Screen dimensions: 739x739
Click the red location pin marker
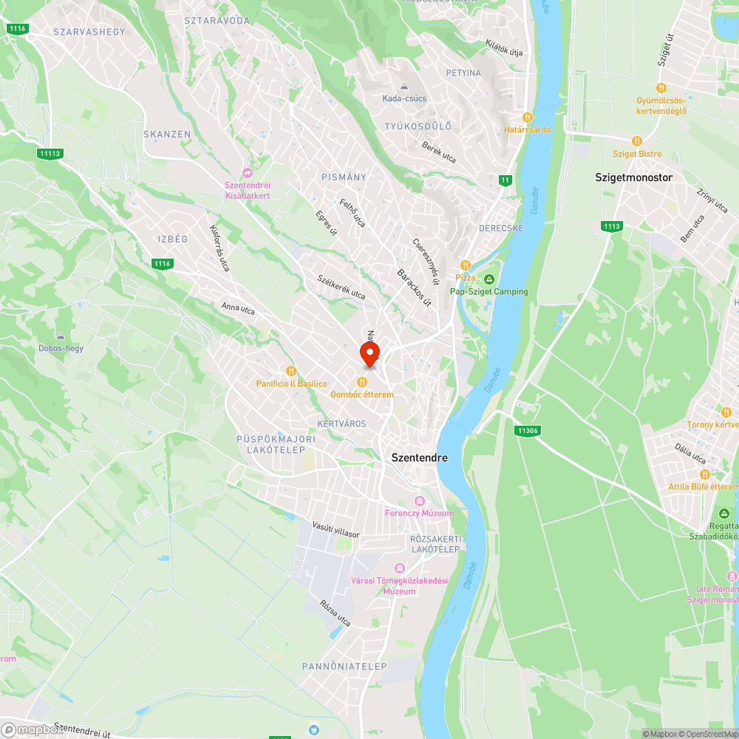click(369, 353)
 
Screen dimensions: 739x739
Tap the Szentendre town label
click(419, 458)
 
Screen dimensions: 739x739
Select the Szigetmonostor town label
click(633, 177)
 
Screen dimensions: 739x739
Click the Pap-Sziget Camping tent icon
click(489, 279)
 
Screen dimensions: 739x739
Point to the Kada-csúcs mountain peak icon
click(404, 86)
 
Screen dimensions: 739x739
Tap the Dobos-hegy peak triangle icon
click(61, 336)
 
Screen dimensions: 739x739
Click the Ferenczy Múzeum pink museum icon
click(419, 501)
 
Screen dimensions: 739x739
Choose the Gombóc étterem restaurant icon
click(362, 382)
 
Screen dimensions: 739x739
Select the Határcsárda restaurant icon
click(527, 117)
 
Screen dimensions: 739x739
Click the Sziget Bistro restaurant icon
click(636, 141)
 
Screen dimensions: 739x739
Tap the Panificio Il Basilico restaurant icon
click(291, 371)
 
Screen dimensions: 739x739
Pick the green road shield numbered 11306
click(528, 430)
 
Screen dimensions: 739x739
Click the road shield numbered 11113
click(51, 153)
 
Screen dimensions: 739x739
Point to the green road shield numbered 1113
click(611, 226)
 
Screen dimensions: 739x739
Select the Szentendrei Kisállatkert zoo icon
click(248, 172)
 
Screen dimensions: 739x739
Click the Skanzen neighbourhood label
click(167, 134)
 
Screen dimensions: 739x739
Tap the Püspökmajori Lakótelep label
click(276, 443)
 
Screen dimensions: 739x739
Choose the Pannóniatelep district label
click(344, 667)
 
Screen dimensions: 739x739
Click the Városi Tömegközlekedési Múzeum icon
click(400, 568)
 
